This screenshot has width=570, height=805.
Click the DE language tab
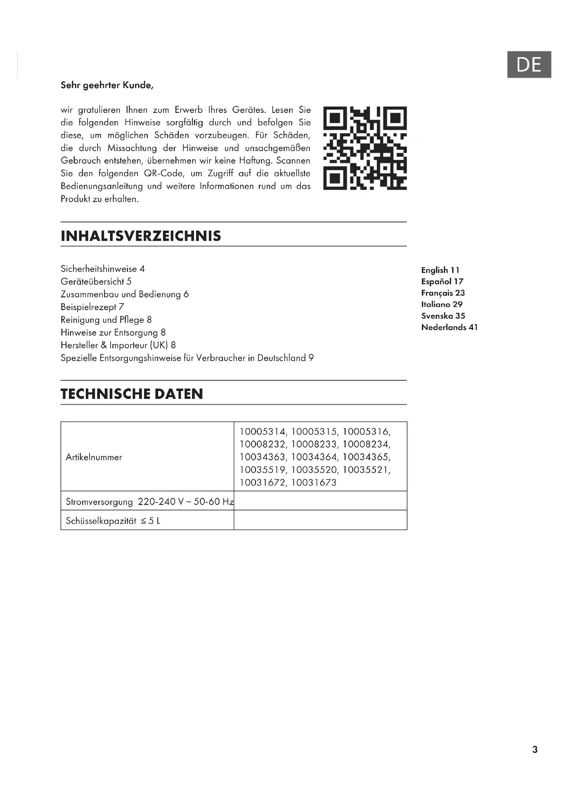coord(529,64)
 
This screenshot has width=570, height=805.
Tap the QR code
coord(365,148)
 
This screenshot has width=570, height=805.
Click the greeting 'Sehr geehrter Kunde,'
coord(107,85)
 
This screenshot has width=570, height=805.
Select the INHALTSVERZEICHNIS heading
coord(141,236)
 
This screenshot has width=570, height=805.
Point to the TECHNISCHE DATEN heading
coord(132,394)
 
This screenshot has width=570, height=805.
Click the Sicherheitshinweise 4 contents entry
coord(102,269)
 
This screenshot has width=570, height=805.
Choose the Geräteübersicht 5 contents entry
coord(96,282)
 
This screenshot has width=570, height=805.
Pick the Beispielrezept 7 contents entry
coord(92,307)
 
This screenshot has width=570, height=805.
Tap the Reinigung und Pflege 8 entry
coord(106,320)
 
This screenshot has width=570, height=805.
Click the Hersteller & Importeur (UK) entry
coord(118,345)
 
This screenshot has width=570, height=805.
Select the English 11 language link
coord(440,270)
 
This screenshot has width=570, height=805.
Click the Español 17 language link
coord(442,282)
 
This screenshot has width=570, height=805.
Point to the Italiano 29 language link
coord(441,304)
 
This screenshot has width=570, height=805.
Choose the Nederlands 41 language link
coord(449,327)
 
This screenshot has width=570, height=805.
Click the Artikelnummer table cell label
coord(94,457)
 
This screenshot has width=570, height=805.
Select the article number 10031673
coord(314,483)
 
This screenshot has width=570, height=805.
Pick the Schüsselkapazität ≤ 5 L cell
coord(113,521)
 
